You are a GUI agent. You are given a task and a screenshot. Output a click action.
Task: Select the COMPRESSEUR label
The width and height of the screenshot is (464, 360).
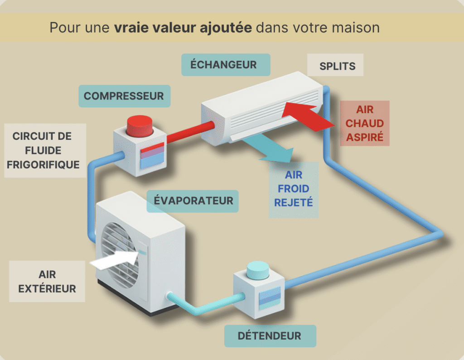[x=124, y=96]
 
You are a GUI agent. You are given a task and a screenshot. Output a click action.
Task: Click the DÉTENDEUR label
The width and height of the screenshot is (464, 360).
[x=269, y=336]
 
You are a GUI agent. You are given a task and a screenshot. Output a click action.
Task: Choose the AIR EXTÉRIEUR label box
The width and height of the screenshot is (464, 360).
[x=47, y=281]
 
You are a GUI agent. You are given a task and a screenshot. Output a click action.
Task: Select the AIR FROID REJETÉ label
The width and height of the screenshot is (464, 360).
[x=294, y=189]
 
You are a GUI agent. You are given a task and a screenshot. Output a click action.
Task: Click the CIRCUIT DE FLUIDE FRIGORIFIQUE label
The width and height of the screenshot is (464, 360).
[x=43, y=150]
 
